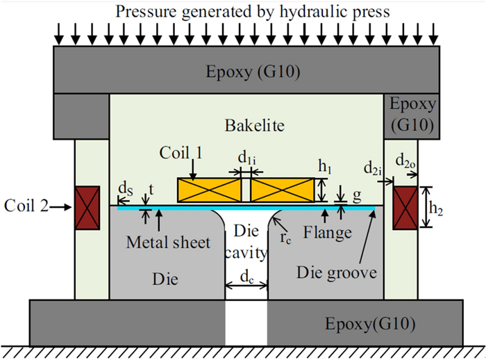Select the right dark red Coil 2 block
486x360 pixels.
[x=405, y=207]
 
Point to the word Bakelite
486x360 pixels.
[x=246, y=126]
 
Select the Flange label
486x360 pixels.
[x=330, y=233]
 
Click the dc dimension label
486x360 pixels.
[x=246, y=276]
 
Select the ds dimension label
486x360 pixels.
[x=122, y=188]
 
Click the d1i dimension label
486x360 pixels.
[x=246, y=159]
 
